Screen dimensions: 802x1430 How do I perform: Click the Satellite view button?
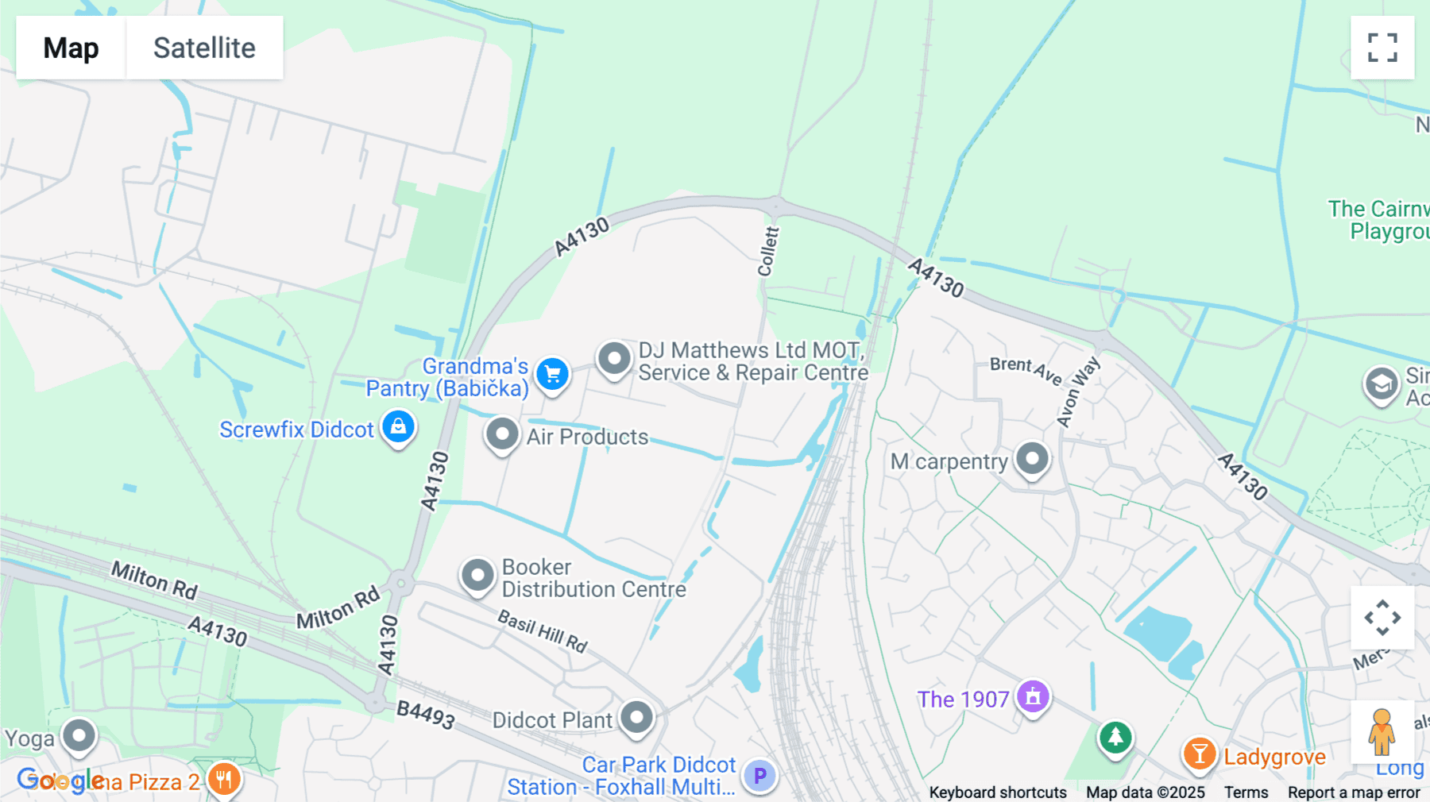pyautogui.click(x=204, y=48)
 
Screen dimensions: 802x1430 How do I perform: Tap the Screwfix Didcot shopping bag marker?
pyautogui.click(x=398, y=426)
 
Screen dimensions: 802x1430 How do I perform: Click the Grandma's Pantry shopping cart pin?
pyautogui.click(x=552, y=373)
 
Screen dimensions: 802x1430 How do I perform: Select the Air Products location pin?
pyautogui.click(x=502, y=434)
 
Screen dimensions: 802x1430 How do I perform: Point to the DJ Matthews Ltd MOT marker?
pyautogui.click(x=614, y=359)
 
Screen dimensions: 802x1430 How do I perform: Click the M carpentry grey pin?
pyautogui.click(x=1032, y=459)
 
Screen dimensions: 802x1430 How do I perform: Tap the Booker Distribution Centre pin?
pyautogui.click(x=477, y=575)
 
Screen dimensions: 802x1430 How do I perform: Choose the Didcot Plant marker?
pyautogui.click(x=636, y=718)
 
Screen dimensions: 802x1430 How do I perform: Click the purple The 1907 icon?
pyautogui.click(x=1033, y=697)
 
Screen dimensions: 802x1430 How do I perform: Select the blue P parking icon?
pyautogui.click(x=759, y=775)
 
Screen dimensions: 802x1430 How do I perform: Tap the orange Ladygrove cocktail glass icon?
pyautogui.click(x=1200, y=754)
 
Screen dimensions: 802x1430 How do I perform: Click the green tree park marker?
pyautogui.click(x=1115, y=737)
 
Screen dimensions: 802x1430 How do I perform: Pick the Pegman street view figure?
pyautogui.click(x=1382, y=731)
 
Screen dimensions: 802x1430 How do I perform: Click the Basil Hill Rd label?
pyautogui.click(x=543, y=631)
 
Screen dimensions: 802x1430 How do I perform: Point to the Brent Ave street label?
pyautogui.click(x=1025, y=369)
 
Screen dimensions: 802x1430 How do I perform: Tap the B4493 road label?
pyautogui.click(x=426, y=715)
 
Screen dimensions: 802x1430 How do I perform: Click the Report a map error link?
pyautogui.click(x=1354, y=792)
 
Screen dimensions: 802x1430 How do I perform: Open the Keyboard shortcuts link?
pyautogui.click(x=998, y=792)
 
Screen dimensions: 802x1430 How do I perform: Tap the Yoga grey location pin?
pyautogui.click(x=79, y=735)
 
